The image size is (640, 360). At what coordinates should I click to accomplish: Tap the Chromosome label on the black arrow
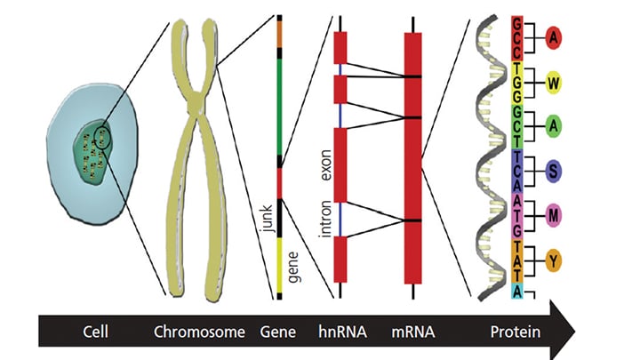point(199,333)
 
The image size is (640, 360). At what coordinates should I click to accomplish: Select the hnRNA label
point(339,333)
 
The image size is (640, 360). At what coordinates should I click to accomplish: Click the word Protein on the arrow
point(514,333)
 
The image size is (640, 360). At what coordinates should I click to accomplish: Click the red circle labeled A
point(554,37)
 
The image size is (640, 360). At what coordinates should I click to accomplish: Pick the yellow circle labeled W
point(554,82)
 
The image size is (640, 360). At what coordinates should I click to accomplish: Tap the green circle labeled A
point(554,126)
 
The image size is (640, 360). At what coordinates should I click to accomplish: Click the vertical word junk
point(266,218)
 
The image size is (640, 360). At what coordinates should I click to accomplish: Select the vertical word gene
point(266,267)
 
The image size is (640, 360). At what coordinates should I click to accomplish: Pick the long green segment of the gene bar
point(280,107)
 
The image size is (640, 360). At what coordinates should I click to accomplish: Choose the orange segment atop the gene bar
point(280,34)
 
